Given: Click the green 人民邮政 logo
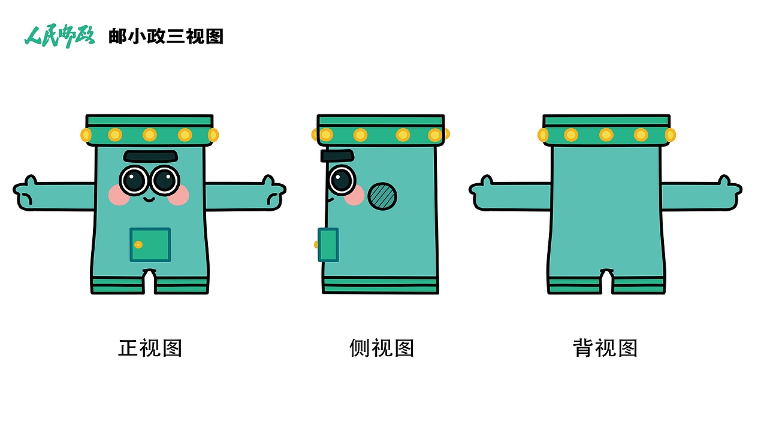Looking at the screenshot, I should (x=59, y=37).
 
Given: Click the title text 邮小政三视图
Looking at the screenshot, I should (x=166, y=37).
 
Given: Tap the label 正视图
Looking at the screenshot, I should (x=150, y=348).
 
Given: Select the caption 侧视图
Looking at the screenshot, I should (x=382, y=348).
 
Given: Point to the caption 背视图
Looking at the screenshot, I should (x=605, y=348).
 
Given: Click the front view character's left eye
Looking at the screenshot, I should (x=134, y=180).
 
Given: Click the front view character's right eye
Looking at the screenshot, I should (x=165, y=180).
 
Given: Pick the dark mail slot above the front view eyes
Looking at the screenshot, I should (x=151, y=156).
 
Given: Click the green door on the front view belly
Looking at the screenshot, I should (x=150, y=245).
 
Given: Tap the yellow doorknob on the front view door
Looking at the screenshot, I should (x=138, y=245).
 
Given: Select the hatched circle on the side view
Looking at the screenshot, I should (x=382, y=196).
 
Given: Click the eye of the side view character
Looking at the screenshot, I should (x=342, y=180).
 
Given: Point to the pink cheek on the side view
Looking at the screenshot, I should (x=354, y=195).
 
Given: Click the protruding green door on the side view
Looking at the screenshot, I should (x=328, y=245).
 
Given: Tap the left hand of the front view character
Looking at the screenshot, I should (x=27, y=193).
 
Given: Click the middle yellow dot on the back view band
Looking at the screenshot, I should (x=606, y=135).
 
